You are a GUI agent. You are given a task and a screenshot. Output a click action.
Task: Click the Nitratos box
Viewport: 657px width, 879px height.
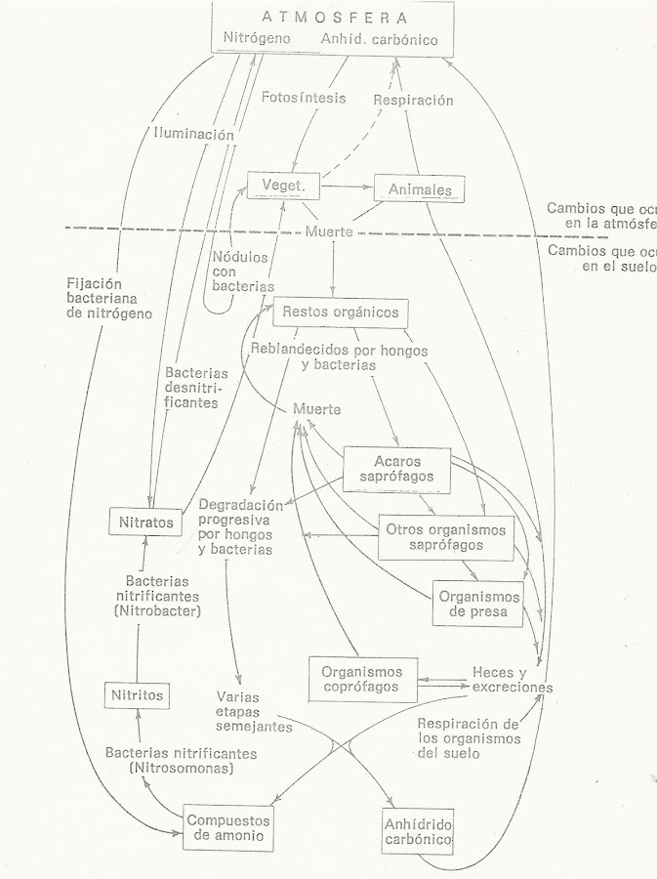[146, 522]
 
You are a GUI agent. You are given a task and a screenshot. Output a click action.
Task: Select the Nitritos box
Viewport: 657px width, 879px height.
[138, 696]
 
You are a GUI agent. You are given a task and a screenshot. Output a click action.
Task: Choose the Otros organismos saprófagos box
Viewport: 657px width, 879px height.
[445, 538]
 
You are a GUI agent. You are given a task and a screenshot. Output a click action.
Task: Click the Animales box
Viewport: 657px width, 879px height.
[418, 188]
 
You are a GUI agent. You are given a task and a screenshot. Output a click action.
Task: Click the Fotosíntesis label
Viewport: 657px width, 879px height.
[304, 98]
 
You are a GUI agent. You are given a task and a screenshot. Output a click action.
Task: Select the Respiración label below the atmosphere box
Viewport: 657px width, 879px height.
[414, 100]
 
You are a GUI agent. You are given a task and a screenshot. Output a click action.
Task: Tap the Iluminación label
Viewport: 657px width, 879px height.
[193, 134]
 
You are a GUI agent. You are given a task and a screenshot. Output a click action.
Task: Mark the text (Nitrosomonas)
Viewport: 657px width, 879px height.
[182, 770]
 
